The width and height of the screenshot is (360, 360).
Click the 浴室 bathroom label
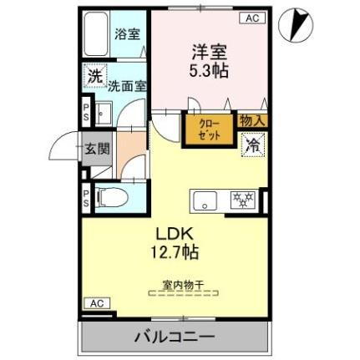[x=128, y=35]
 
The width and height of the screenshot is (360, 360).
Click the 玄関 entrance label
[x=97, y=150]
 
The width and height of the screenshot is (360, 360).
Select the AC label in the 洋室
[x=252, y=18]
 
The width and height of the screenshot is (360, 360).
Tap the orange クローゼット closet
[x=209, y=129]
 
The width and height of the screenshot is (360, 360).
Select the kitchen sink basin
[x=205, y=200]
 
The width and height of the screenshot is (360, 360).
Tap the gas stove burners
[x=243, y=200]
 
